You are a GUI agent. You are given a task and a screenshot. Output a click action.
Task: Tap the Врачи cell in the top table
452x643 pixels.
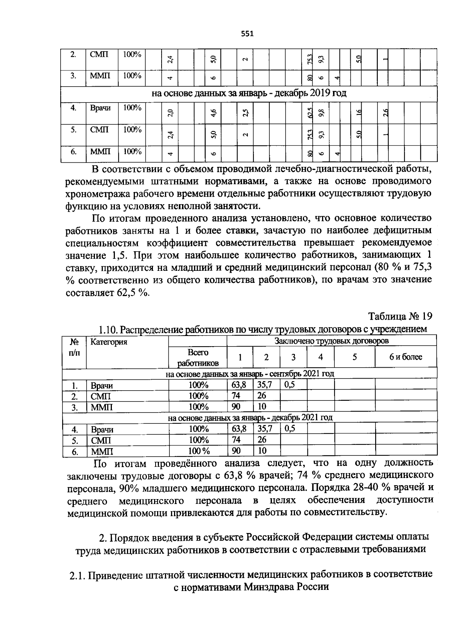[100, 108]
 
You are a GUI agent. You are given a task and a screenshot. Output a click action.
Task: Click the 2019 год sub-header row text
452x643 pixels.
[249, 93]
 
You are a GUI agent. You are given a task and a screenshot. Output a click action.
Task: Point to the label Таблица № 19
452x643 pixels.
[400, 316]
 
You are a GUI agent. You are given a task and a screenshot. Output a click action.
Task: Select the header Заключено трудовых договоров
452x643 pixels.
[331, 341]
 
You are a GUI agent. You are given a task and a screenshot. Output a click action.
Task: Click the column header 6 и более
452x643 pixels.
[406, 357]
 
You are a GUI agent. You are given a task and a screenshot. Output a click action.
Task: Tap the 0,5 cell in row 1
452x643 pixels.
[290, 385]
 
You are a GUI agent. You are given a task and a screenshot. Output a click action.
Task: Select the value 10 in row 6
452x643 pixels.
[263, 451]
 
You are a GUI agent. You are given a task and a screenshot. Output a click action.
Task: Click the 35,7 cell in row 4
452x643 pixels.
[265, 429]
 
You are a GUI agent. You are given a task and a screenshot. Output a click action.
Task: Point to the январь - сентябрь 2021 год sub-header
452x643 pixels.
[250, 374]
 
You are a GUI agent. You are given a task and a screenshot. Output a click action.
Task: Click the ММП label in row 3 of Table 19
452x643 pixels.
[101, 407]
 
